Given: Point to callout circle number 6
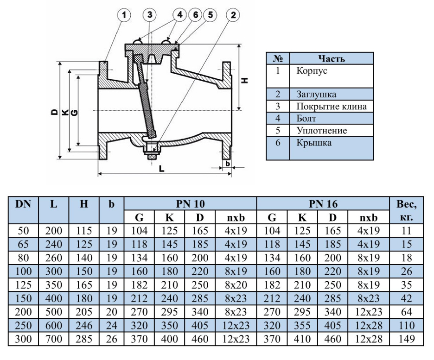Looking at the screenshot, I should point(196,15).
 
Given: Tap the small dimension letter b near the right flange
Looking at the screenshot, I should point(228,163).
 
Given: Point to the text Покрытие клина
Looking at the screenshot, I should point(332,107).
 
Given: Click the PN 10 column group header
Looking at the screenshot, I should point(191,203).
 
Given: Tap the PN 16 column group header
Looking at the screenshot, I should point(323,203).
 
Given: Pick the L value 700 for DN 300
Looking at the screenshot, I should point(53,340).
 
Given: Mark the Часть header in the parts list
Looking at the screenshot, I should point(332,58).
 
